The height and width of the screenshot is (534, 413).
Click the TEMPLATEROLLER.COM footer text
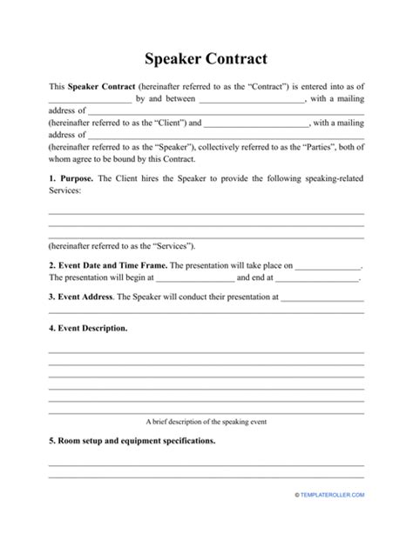(x=334, y=518)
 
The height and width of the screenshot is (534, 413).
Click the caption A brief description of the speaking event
(x=206, y=421)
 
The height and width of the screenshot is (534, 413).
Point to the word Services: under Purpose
(x=64, y=190)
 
